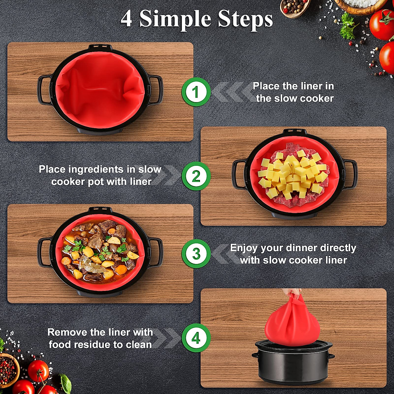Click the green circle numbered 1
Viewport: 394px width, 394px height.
[196, 92]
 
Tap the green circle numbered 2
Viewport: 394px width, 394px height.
[196, 176]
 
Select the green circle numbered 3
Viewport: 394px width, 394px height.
[196, 253]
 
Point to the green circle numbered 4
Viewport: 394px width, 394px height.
[196, 338]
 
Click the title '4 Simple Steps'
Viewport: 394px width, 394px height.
[197, 19]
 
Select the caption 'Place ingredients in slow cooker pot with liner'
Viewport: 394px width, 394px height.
[100, 175]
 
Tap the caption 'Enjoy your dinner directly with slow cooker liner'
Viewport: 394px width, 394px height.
[293, 254]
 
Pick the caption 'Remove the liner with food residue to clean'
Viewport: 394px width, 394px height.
[100, 338]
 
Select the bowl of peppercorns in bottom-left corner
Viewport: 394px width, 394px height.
[8, 369]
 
